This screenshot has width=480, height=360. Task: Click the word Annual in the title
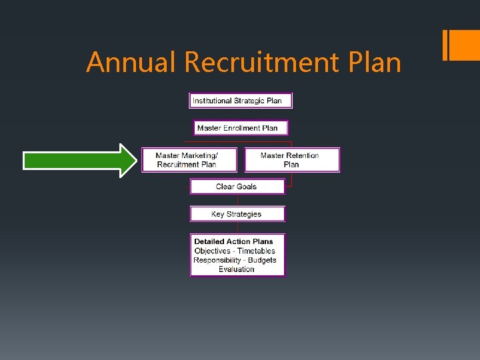131,63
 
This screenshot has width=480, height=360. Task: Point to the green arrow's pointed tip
135,160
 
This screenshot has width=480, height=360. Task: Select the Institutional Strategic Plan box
241,101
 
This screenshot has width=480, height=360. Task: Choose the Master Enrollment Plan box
241,128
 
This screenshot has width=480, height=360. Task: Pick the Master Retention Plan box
292,160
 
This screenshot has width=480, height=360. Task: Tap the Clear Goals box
237,187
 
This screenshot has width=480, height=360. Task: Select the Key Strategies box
237,214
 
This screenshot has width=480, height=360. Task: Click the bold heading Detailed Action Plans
233,241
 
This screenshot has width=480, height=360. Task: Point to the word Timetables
256,251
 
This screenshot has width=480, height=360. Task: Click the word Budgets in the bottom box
262,260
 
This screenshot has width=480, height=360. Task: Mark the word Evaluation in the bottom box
237,269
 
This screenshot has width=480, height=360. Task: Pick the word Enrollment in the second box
242,128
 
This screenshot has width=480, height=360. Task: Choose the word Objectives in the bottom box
212,251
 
